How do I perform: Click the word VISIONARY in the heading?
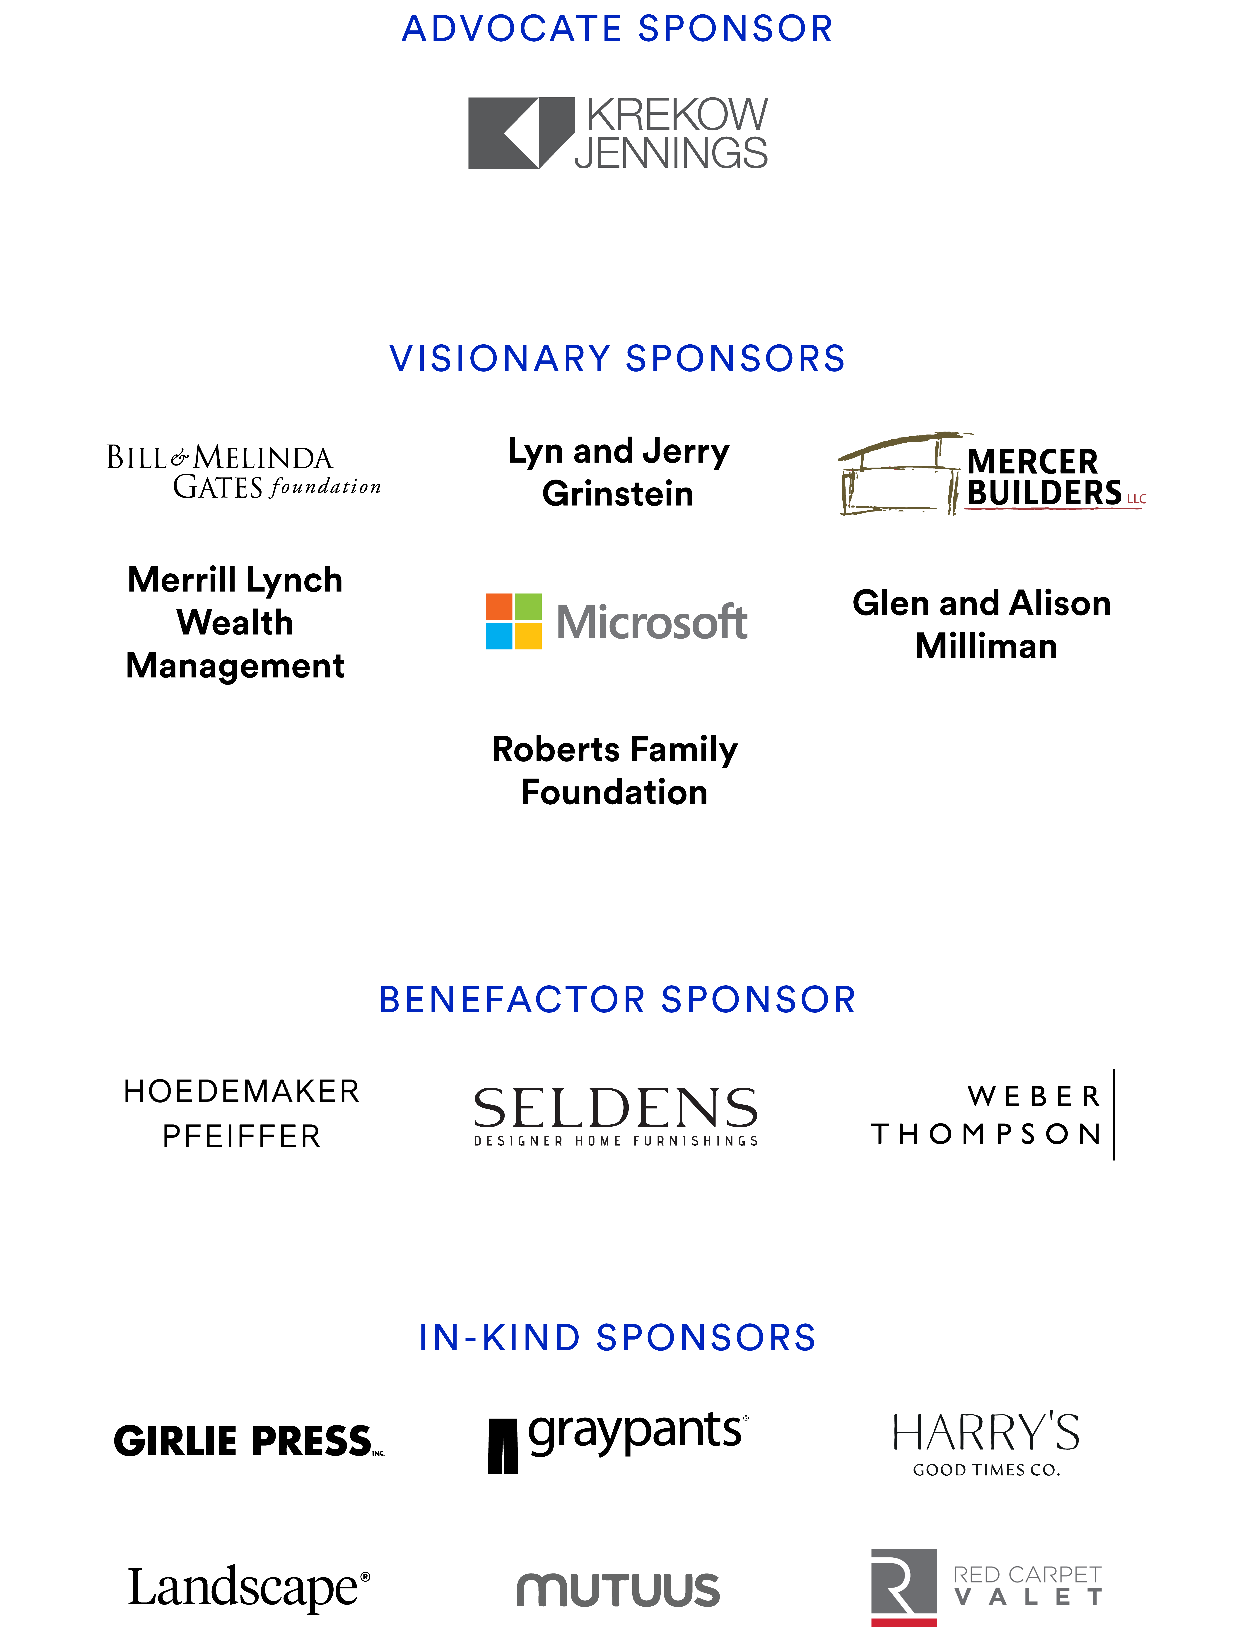coord(500,359)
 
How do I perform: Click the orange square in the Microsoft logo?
coord(499,606)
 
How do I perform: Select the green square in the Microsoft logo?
coord(528,606)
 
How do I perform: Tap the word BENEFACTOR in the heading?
coord(512,999)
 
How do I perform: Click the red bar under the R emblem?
coord(903,1623)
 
